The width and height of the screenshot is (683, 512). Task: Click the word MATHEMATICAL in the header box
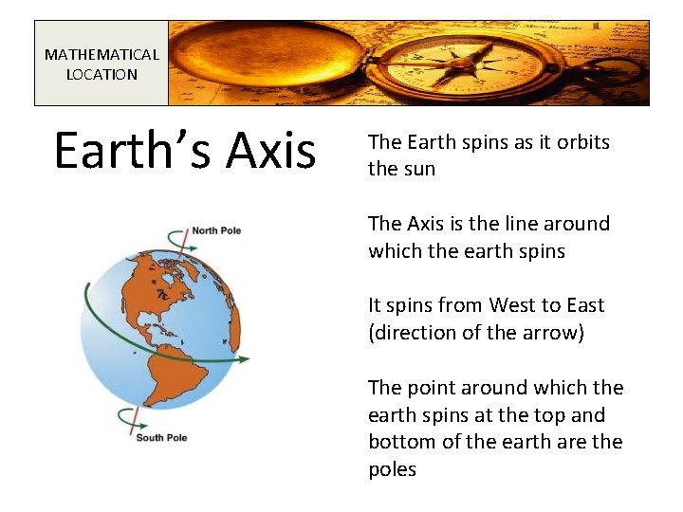102,55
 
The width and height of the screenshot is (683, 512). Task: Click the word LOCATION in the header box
102,74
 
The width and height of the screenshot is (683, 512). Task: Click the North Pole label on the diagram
216,230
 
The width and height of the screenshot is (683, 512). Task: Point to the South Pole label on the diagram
161,437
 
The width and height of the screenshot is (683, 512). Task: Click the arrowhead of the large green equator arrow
245,359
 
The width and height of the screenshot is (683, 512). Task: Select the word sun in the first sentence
418,169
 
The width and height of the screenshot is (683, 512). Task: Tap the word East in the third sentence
585,305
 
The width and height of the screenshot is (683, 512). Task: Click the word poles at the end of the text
392,469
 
